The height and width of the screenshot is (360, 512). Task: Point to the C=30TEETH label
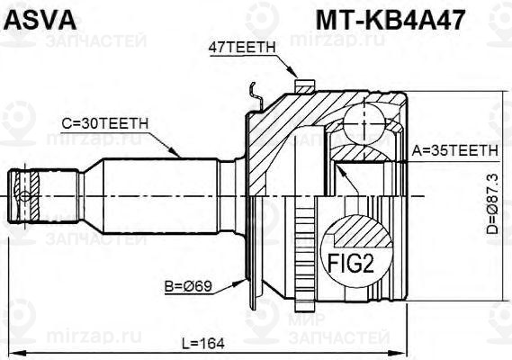pyautogui.click(x=105, y=124)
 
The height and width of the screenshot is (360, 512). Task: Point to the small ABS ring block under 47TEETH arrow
pyautogui.click(x=304, y=86)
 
